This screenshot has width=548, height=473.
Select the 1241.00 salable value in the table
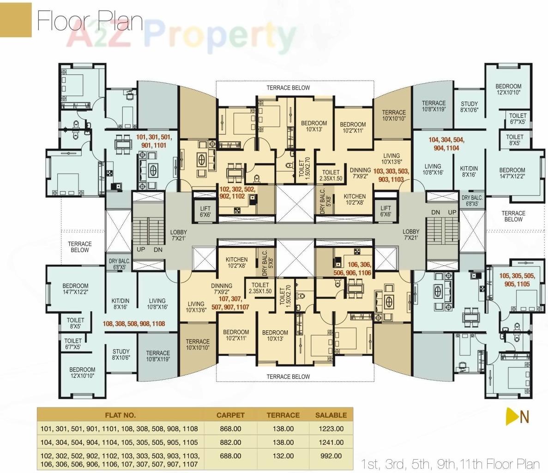pos(331,443)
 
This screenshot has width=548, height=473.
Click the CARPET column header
pos(230,415)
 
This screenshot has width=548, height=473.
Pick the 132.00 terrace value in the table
pos(283,456)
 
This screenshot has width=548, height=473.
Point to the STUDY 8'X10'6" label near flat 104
pos(469,107)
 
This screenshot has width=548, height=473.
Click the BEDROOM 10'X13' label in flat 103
pos(313,126)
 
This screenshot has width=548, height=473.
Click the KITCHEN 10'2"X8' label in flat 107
pos(236,263)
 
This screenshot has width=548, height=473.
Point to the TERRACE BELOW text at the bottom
pos(288,376)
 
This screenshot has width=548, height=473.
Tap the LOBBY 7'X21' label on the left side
pos(178,236)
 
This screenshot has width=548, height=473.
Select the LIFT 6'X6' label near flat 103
pos(385,211)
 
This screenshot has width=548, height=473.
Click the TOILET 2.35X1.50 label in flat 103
pos(331,175)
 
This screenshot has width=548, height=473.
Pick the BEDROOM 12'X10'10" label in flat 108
pos(82,373)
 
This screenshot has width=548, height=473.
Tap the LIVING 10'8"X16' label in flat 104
pos(433,170)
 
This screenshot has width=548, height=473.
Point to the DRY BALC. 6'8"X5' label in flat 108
pos(120,264)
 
